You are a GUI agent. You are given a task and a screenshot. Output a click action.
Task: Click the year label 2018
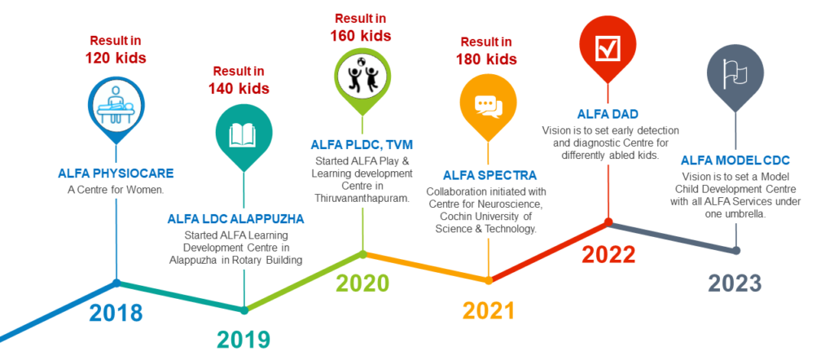pyautogui.click(x=116, y=313)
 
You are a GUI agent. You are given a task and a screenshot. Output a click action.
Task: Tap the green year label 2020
pyautogui.click(x=362, y=283)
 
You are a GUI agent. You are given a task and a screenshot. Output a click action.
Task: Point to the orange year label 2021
pyautogui.click(x=489, y=311)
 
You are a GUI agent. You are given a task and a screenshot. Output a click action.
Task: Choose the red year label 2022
pyautogui.click(x=608, y=255)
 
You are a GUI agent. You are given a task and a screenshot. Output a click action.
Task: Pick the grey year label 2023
pyautogui.click(x=735, y=283)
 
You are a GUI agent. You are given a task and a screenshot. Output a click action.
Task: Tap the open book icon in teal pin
pyautogui.click(x=243, y=135)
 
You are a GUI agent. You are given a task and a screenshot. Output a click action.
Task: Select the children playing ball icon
pyautogui.click(x=362, y=74)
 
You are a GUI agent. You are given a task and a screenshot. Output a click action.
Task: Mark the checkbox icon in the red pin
pyautogui.click(x=608, y=50)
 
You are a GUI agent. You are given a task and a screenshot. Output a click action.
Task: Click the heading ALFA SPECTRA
pyautogui.click(x=489, y=176)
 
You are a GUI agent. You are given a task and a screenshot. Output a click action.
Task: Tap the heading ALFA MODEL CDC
pyautogui.click(x=735, y=160)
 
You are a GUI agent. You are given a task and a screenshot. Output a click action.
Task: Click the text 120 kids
pyautogui.click(x=116, y=58)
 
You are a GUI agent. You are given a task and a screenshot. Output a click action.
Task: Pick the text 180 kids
pyautogui.click(x=486, y=59)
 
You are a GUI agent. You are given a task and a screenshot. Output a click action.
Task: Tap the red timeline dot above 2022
pyautogui.click(x=608, y=222)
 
